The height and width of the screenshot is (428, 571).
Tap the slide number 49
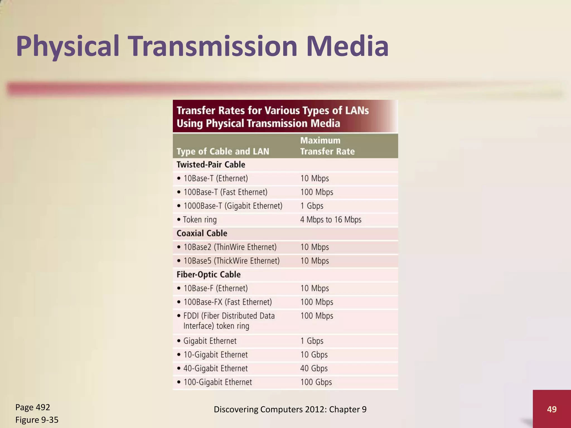(551, 409)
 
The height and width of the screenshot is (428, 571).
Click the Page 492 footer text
(33, 407)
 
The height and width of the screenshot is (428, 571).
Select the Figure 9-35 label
(37, 420)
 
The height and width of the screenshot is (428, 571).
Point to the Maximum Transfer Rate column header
(327, 146)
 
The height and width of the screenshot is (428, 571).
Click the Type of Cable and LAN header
(223, 151)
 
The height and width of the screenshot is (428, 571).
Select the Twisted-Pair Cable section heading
(211, 164)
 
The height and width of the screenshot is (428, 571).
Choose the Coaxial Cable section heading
(202, 233)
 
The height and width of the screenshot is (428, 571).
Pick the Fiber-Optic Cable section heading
(209, 274)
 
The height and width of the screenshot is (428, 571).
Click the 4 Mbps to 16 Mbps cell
(331, 220)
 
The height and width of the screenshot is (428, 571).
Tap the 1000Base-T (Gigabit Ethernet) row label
(233, 206)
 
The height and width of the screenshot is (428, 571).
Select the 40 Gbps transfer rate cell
(314, 368)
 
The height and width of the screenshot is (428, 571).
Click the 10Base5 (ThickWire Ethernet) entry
(231, 261)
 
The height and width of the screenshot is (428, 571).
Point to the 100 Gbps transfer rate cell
(316, 382)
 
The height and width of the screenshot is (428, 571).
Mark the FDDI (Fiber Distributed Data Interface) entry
(229, 321)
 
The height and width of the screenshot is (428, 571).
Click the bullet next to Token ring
(179, 220)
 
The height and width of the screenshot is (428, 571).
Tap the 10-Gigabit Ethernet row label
(215, 355)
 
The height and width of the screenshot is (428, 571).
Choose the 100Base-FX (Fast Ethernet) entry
(228, 302)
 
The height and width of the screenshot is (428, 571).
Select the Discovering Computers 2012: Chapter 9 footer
(290, 409)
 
